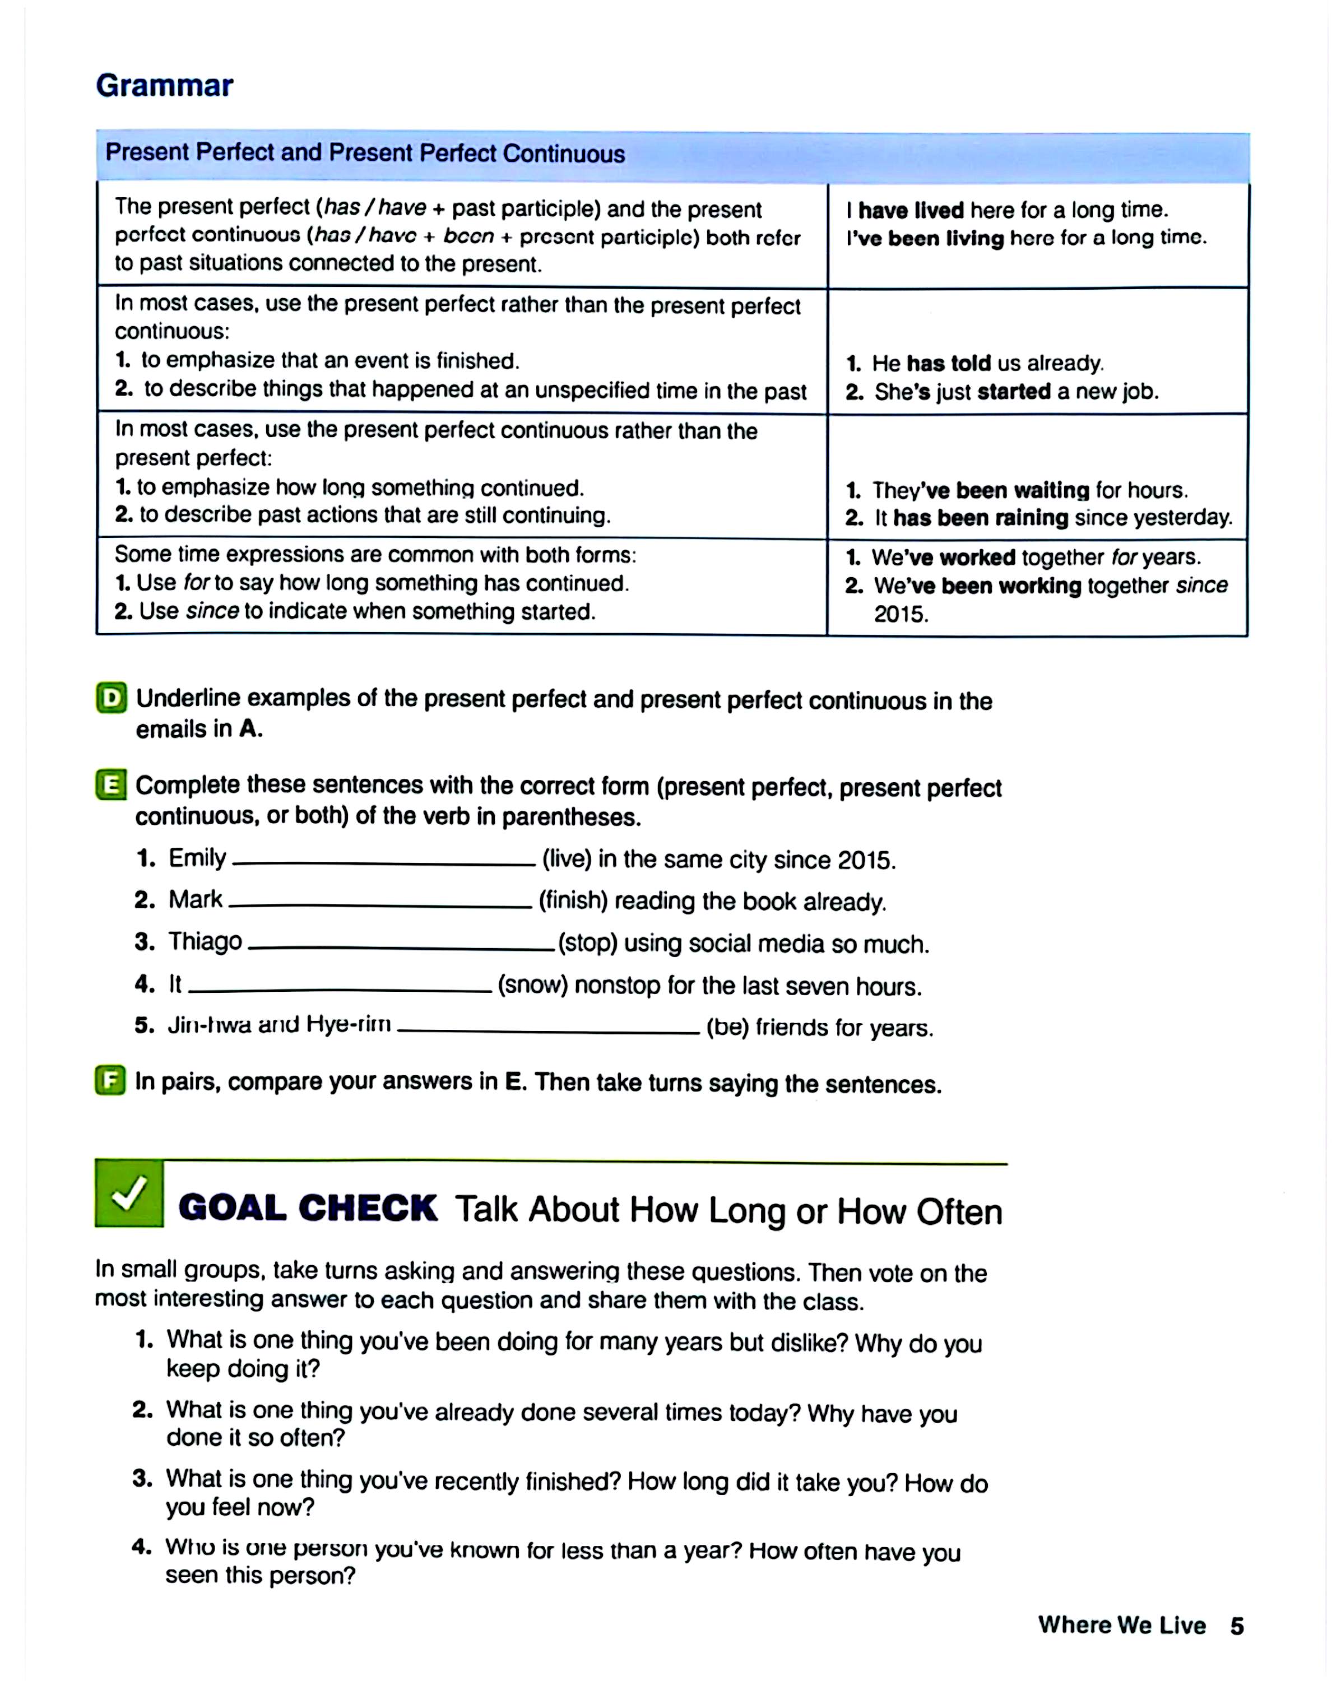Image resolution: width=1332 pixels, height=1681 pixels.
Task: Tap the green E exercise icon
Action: point(111,784)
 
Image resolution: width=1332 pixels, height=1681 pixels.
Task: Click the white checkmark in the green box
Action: point(129,1193)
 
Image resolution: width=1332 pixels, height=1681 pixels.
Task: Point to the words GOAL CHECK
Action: point(308,1209)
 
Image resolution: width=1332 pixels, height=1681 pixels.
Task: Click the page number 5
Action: point(1237,1626)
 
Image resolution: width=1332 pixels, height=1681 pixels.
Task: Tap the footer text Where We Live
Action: point(1121,1625)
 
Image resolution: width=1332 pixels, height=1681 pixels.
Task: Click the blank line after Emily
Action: point(384,862)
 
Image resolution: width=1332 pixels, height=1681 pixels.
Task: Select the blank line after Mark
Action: point(380,904)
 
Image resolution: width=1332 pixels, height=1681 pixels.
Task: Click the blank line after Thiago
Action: point(400,948)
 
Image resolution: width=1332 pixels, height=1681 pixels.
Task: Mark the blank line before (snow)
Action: point(340,990)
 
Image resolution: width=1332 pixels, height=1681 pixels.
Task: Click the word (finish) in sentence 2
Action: point(573,900)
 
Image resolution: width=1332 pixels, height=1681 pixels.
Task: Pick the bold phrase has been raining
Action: point(980,518)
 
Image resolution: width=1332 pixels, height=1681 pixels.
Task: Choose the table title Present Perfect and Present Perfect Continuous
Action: point(365,153)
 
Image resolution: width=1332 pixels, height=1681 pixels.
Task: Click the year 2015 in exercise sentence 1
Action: point(864,860)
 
